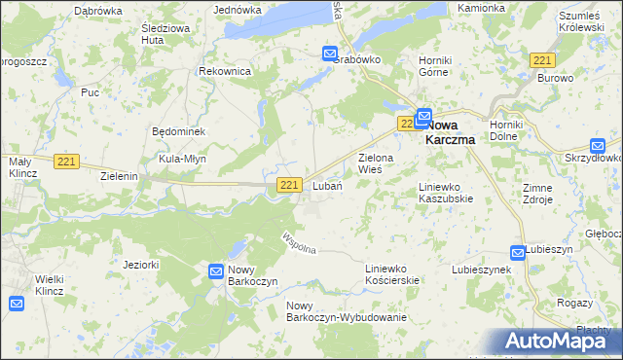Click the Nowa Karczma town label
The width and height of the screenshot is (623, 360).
pyautogui.click(x=457, y=130)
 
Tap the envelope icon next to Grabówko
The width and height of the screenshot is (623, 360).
pyautogui.click(x=330, y=54)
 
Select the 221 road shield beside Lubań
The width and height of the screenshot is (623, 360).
pyautogui.click(x=288, y=185)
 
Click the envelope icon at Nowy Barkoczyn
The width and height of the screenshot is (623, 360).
pyautogui.click(x=216, y=270)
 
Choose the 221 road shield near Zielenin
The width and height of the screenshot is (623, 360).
pyautogui.click(x=66, y=162)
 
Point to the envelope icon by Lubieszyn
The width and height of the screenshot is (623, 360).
pyautogui.click(x=518, y=253)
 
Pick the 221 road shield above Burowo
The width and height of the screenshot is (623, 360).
pyautogui.click(x=542, y=60)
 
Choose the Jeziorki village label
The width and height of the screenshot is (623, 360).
pyautogui.click(x=141, y=264)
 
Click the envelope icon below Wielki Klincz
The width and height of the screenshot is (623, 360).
pyautogui.click(x=17, y=305)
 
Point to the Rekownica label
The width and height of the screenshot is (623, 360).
pyautogui.click(x=225, y=72)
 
